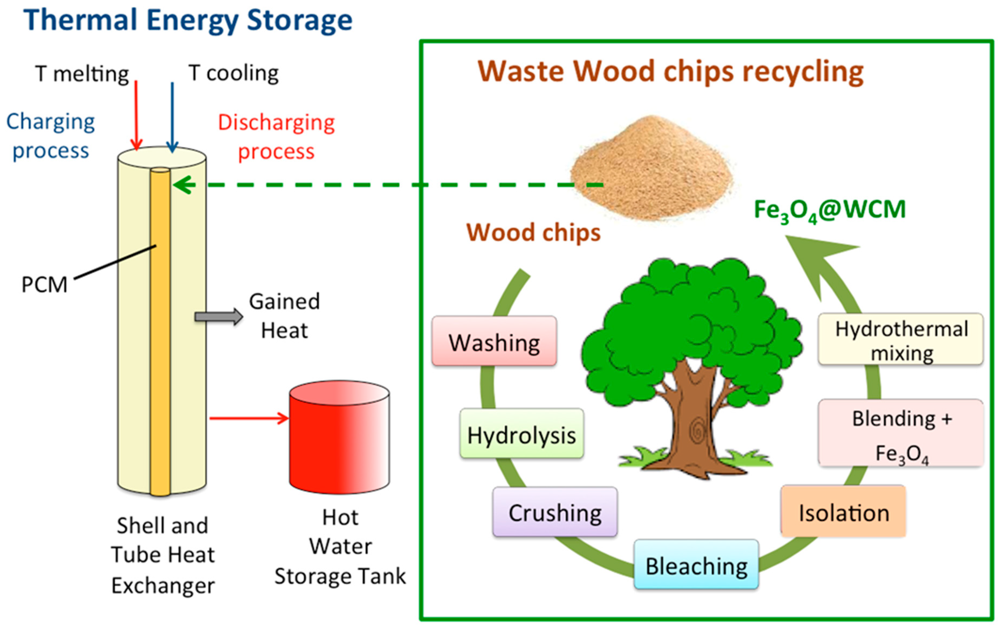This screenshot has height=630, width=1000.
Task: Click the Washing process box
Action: coord(494,341)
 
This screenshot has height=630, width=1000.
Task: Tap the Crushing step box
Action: coord(555,512)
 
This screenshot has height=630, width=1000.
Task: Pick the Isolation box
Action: coord(843,511)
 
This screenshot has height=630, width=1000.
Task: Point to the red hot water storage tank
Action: coord(339,437)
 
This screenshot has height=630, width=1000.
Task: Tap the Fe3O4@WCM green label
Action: coord(830,211)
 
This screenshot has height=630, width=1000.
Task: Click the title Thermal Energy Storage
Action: coord(188,20)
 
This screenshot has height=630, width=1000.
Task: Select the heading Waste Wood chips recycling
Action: coord(671,72)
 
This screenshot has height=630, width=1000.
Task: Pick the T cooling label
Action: coord(233,73)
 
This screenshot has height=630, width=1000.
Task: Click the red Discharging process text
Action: coord(276,137)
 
